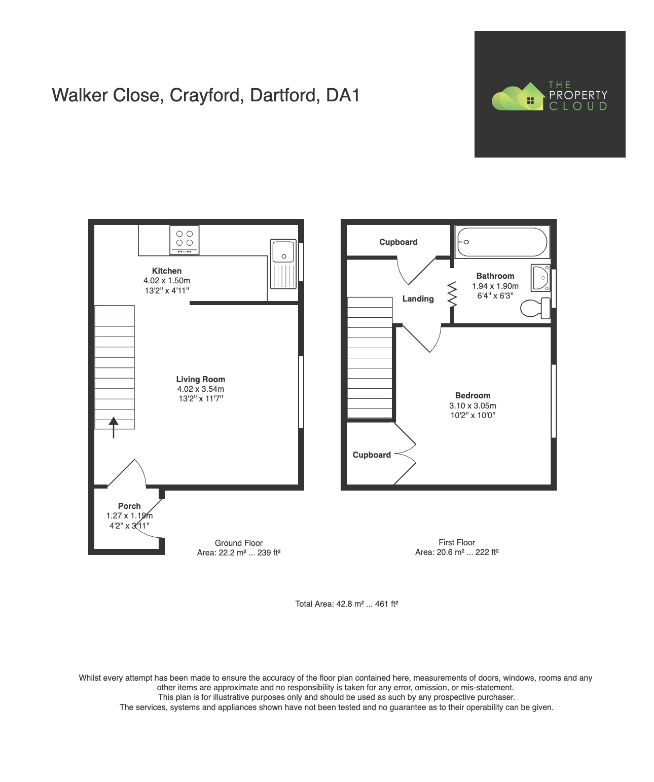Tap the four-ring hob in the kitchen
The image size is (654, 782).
[185, 240]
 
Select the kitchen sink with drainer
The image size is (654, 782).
[283, 264]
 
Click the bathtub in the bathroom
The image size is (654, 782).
[502, 242]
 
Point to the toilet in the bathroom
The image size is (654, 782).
[535, 308]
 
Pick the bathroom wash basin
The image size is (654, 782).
[541, 278]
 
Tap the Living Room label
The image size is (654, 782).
[200, 379]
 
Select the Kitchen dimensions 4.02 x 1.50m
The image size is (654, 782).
[167, 280]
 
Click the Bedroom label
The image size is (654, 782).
[473, 395]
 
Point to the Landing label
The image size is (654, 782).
[418, 299]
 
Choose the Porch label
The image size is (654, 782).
[129, 506]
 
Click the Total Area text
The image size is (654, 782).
[347, 604]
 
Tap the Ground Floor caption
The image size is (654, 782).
[238, 543]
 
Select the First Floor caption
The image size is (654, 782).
[457, 542]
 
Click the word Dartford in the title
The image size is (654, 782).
[285, 95]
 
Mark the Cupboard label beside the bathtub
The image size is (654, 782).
[398, 242]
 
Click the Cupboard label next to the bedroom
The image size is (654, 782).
[372, 455]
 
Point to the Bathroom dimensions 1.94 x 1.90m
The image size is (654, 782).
[495, 286]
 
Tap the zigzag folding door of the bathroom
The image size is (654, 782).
[452, 294]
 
